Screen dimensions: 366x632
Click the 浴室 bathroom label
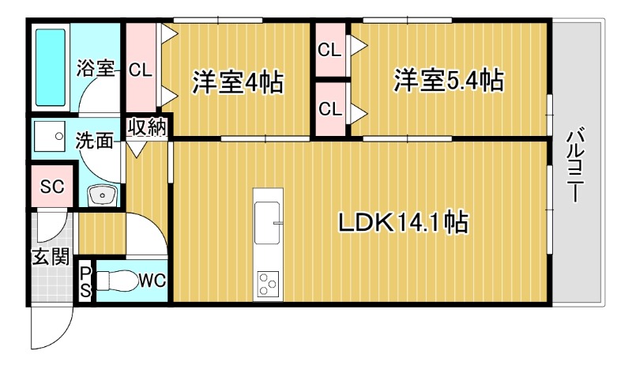pos(96,69)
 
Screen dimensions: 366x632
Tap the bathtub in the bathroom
pos(51,69)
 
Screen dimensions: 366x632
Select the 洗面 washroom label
pos(94,141)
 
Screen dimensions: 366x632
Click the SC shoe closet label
pos(52,187)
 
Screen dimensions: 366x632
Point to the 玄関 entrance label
pos(50,257)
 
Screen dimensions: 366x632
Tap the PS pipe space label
pos(85,281)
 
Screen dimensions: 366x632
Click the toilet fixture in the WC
pos(117,281)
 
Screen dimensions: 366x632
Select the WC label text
pos(151,280)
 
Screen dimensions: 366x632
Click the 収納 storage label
pos(148,127)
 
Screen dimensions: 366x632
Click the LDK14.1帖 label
pos(404,223)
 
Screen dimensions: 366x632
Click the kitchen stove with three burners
pos(268,283)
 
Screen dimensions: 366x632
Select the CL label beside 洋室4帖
pos(141,70)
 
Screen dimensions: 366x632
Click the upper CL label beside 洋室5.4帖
pos(329,50)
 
